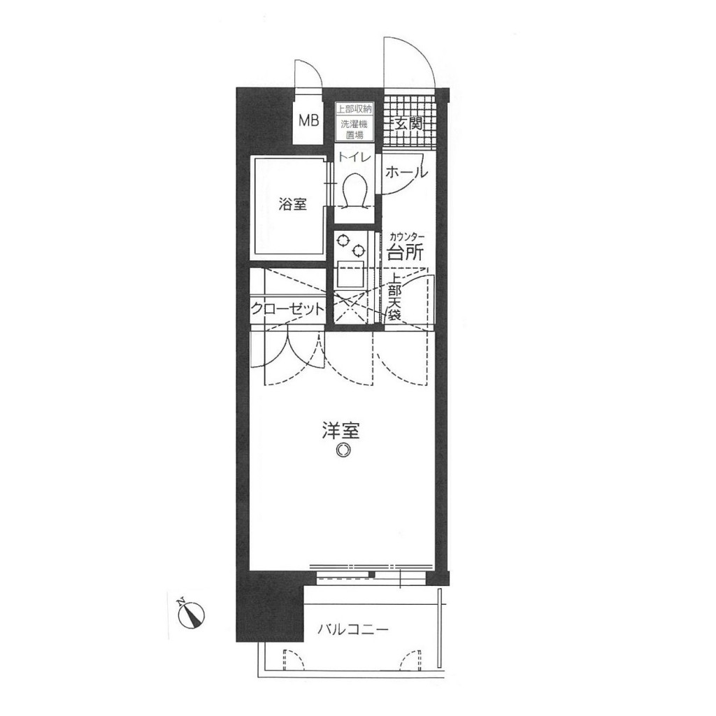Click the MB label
point(309,122)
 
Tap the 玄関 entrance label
point(408,124)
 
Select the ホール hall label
point(406,172)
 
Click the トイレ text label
point(355,157)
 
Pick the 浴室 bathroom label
point(292,204)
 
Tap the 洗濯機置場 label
point(355,129)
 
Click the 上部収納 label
point(355,109)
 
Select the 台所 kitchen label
point(406,252)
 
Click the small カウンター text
point(407,237)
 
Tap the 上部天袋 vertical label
point(394,296)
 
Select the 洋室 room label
point(341,431)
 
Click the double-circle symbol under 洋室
point(342,450)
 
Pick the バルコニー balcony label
point(353,630)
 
